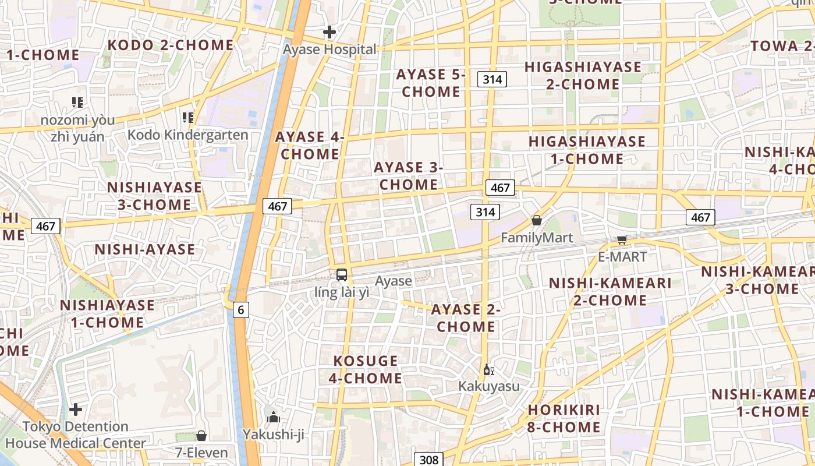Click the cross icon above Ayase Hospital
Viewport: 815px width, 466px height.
(x=329, y=32)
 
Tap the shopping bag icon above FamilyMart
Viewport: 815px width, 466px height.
(x=537, y=220)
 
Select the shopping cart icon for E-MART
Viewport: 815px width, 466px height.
(x=622, y=239)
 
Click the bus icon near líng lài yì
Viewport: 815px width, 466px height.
(x=342, y=274)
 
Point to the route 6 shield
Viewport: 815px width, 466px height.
(x=240, y=310)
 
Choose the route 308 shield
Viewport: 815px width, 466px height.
(x=428, y=460)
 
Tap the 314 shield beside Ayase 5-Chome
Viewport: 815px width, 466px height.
(x=492, y=79)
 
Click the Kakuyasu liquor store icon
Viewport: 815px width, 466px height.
(x=488, y=369)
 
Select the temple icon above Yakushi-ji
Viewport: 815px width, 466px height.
(x=273, y=417)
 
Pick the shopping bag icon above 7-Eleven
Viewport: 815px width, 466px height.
(x=201, y=435)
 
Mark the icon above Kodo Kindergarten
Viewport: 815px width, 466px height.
(x=187, y=118)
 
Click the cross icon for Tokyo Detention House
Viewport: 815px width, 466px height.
(x=76, y=409)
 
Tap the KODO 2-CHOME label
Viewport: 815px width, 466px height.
(x=171, y=45)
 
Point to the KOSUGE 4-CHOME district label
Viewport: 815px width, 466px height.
(x=366, y=369)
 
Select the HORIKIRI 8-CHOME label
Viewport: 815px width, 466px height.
(x=564, y=418)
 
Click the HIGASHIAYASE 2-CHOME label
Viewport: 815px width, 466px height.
(x=583, y=75)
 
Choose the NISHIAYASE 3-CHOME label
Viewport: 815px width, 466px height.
(x=154, y=196)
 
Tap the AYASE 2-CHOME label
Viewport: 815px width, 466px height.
(x=466, y=318)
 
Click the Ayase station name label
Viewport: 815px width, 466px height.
(x=393, y=281)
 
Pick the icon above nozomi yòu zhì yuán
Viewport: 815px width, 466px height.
(x=77, y=103)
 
